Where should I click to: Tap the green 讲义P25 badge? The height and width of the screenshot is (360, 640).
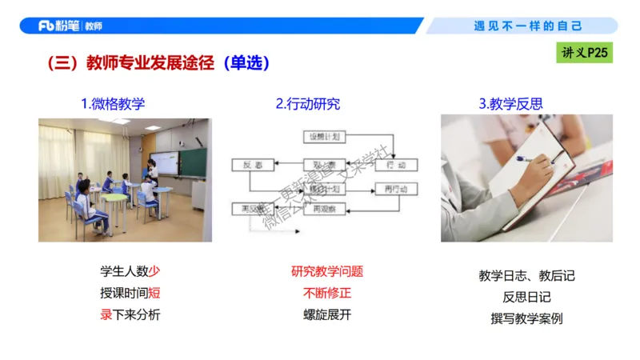pos(585,54)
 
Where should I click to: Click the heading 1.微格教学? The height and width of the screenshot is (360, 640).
pos(113,104)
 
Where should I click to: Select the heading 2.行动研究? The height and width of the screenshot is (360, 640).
pos(308,104)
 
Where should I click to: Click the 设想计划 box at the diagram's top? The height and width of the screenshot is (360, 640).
pos(325,137)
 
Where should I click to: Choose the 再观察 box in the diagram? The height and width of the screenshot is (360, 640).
pos(324,209)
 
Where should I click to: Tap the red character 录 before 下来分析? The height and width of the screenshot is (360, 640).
pos(106,314)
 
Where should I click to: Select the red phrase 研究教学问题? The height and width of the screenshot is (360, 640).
pos(326,271)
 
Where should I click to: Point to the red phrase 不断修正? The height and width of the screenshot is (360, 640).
pos(326,293)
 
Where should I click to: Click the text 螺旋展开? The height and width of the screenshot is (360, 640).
pos(326,314)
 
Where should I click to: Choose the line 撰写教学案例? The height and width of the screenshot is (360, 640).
pos(526,318)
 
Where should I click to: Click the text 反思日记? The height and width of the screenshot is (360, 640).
pos(526,297)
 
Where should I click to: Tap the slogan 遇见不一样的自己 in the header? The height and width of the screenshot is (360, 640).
pos(528,26)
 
